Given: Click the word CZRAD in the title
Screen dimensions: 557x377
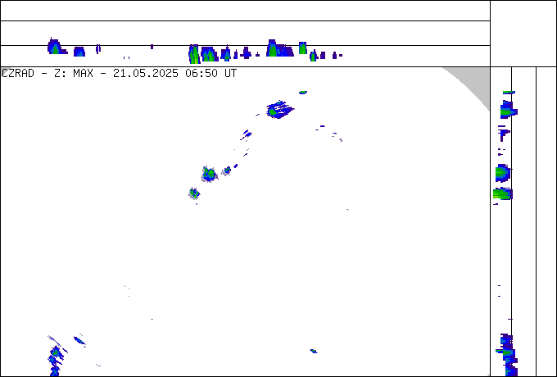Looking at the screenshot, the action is [18, 74].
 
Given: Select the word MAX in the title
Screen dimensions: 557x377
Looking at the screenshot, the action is [83, 74].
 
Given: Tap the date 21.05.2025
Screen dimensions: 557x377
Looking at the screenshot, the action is [146, 74].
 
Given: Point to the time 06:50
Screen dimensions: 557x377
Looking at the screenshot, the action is [202, 74].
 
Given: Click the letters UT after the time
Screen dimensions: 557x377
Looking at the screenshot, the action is [230, 74].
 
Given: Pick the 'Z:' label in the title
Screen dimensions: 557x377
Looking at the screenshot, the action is [59, 74].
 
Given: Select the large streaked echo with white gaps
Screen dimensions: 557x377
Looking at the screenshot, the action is [280, 109].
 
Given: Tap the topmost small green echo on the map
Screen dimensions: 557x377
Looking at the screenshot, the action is [302, 93].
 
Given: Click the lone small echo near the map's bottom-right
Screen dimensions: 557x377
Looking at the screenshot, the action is [313, 352].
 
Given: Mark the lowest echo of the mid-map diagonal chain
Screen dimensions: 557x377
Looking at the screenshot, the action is [194, 193].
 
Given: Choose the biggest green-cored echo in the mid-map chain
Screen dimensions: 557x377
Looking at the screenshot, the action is [209, 174].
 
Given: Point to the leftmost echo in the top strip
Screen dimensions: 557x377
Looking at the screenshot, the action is [57, 46].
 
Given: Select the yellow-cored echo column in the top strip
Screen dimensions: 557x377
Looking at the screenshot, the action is [194, 54].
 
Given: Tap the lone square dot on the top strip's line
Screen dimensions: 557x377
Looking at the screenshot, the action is [152, 47].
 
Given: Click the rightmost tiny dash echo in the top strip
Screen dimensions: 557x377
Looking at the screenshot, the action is [340, 56].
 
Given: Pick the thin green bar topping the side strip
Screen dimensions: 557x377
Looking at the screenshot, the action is [509, 93].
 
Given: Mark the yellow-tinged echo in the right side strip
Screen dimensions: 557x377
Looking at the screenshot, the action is [503, 194].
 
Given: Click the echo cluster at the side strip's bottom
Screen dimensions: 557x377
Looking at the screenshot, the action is [507, 355].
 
